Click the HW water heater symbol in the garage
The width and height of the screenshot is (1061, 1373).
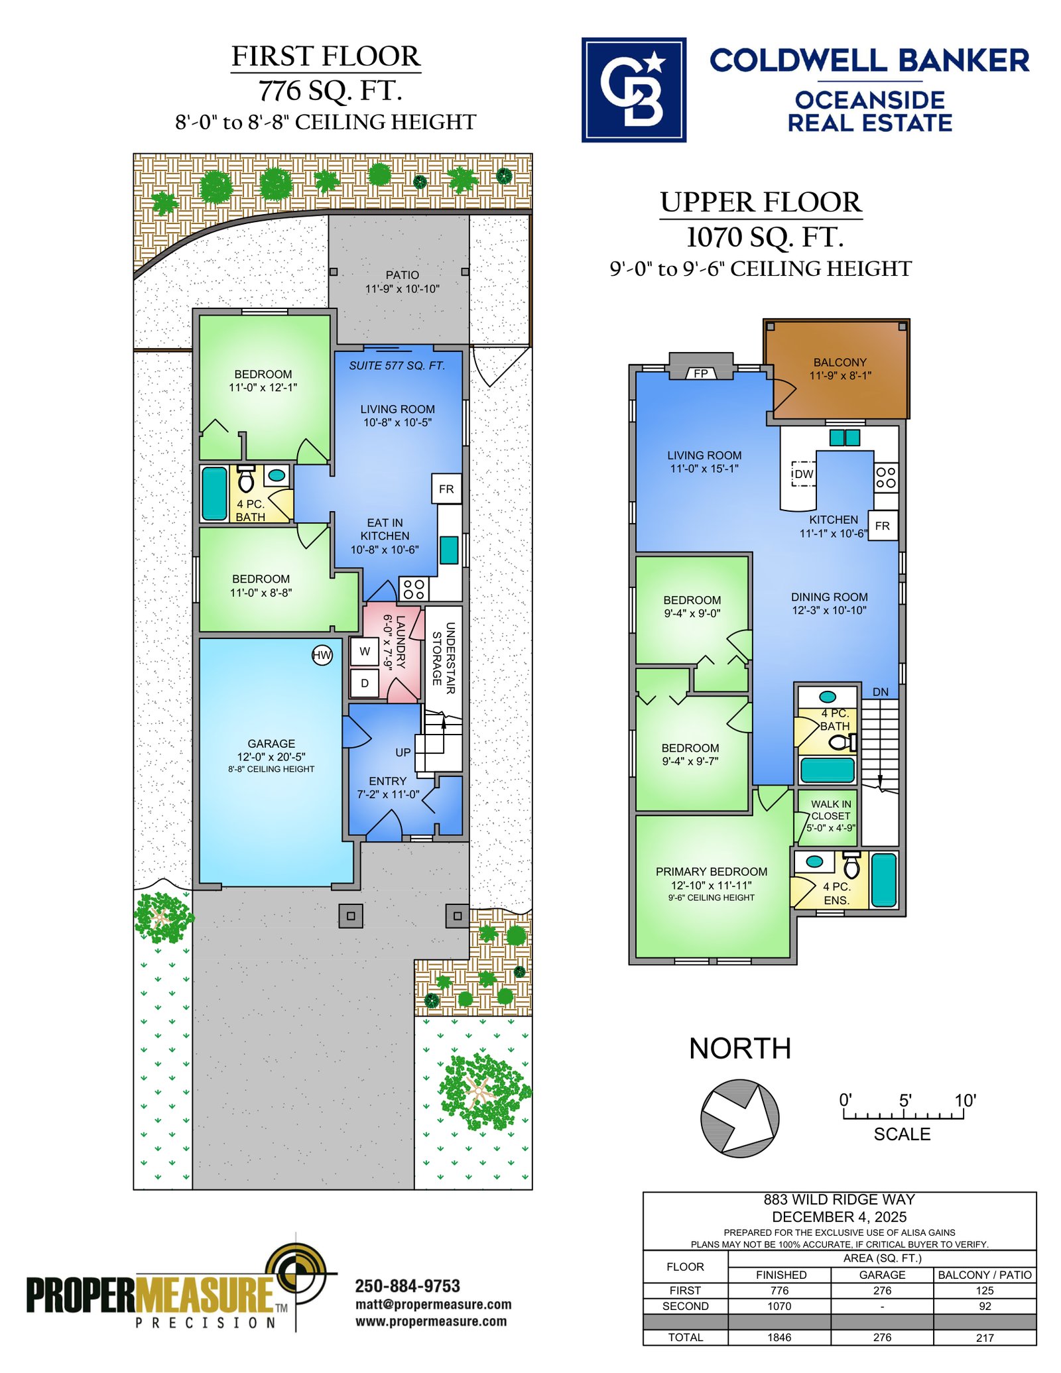(322, 656)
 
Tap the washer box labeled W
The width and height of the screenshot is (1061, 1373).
(365, 652)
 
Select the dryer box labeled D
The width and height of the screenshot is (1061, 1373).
(365, 683)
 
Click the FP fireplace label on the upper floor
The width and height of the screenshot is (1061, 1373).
(701, 373)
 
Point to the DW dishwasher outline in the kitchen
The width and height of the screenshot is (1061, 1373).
(804, 474)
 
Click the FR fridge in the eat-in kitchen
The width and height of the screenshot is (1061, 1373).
(446, 489)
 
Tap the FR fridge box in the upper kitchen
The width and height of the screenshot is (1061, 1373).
(883, 526)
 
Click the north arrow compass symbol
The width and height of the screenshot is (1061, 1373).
(739, 1118)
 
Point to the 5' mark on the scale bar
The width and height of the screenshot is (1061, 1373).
(905, 1101)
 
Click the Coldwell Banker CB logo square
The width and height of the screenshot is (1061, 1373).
(634, 90)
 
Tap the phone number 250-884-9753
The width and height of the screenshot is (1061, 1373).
(408, 1286)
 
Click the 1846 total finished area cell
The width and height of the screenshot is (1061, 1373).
(780, 1337)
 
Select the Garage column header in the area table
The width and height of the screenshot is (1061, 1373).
(882, 1274)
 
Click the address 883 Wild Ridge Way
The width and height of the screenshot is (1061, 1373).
(840, 1199)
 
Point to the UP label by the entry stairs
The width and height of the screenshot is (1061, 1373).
(403, 752)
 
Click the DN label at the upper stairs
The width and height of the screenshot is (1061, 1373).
(881, 692)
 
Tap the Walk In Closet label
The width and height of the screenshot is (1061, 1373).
(831, 815)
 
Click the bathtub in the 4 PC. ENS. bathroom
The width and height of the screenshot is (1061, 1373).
(884, 880)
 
